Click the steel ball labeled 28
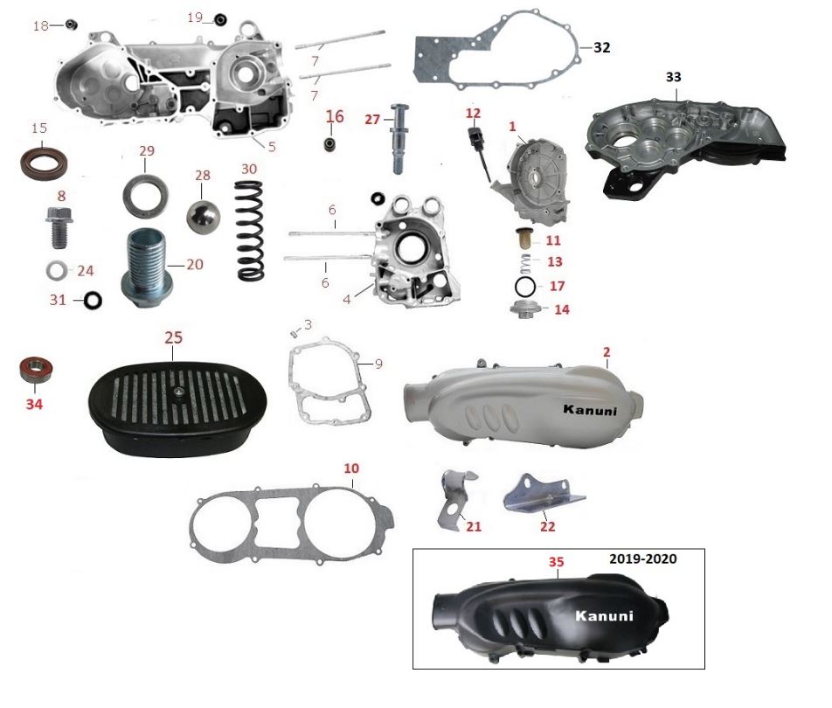point(204,217)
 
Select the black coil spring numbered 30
point(249,231)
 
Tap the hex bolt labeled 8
point(60,227)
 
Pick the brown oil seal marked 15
point(44,163)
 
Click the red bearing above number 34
point(36,370)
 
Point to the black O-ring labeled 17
point(525,287)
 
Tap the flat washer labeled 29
point(145,195)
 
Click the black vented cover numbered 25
point(177,409)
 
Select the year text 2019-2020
point(642,559)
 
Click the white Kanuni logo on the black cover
point(605,615)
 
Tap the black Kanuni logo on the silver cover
point(590,410)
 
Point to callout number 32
point(601,47)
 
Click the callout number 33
point(673,77)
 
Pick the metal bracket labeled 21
point(456,499)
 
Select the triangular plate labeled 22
point(543,495)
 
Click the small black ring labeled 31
point(93,301)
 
